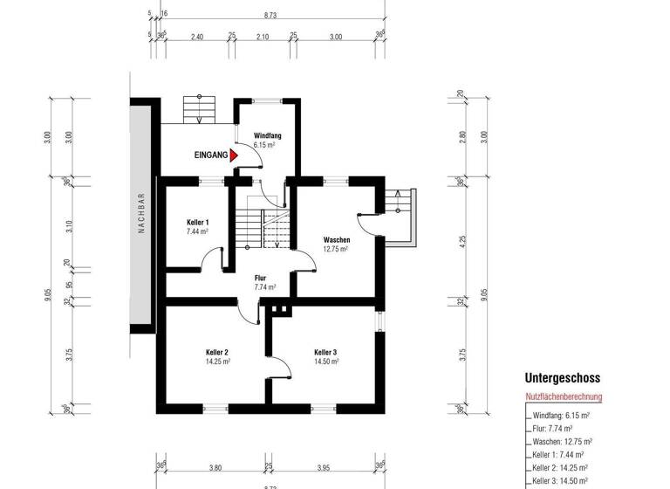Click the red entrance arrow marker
pos(234,155)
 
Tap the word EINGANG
pos(211,155)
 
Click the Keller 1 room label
pos(198,223)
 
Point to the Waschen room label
pos(337,240)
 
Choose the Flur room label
pos(260,278)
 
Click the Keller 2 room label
pos(216,352)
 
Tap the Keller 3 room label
pos(325,352)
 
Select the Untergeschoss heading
pos(562,379)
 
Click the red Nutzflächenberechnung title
pos(564,396)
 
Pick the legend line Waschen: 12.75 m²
pos(563,442)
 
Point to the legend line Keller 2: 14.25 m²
pos(563,468)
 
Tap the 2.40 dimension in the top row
pos(196,38)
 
